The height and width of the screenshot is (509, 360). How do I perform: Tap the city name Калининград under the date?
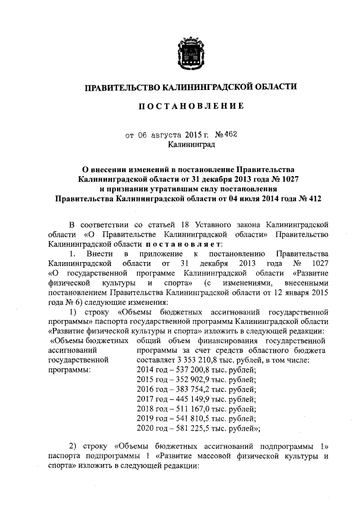(191, 145)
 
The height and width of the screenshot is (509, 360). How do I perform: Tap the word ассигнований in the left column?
(70, 350)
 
